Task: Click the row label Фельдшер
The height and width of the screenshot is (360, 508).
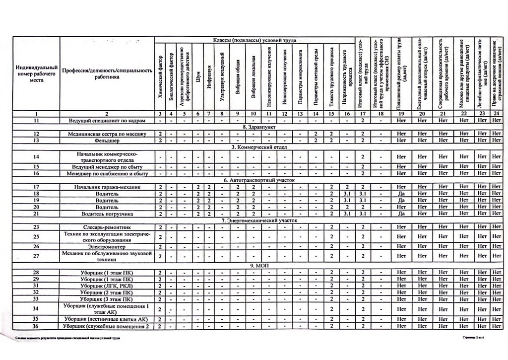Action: [107, 141]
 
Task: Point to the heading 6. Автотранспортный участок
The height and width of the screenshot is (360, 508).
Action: [259, 180]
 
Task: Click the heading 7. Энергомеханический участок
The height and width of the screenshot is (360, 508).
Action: [259, 220]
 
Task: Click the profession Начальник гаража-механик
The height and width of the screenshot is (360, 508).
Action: [107, 187]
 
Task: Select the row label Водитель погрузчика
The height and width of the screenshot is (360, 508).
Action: [107, 214]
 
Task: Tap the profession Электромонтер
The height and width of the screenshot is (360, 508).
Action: [107, 247]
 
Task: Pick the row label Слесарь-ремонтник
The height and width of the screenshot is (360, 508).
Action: [107, 227]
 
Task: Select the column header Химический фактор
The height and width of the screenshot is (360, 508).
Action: [160, 74]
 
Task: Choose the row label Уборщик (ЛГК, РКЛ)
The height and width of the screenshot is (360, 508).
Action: [107, 286]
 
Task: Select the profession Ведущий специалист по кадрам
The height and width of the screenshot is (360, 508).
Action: [107, 121]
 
